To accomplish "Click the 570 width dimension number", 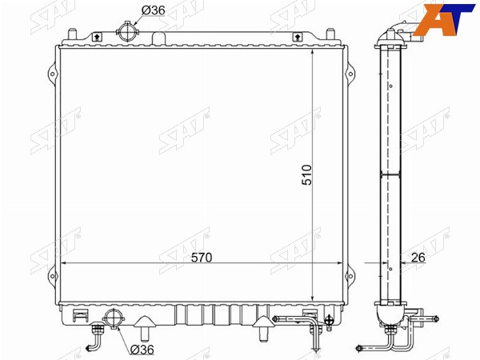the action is pos(202,258).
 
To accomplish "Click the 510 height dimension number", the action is pos(306,174).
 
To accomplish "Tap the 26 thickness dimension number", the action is pos(418,258).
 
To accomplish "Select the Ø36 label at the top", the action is pos(153,10).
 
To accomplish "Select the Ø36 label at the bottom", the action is pos(142,350).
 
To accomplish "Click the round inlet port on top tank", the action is pos(128,31).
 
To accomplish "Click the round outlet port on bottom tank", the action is pos(114,319).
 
